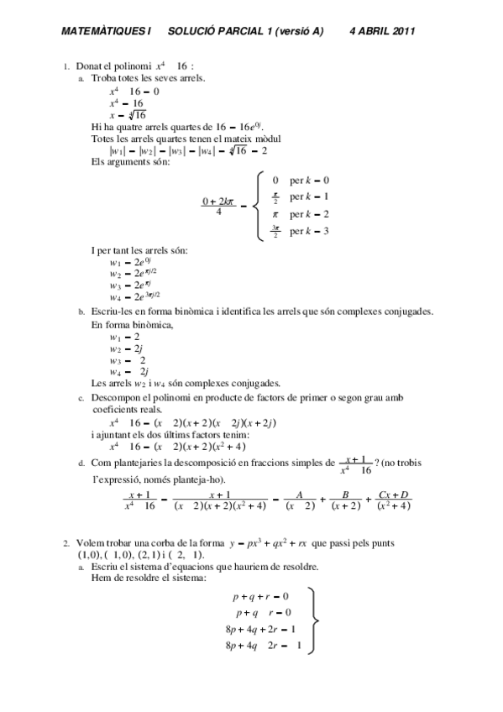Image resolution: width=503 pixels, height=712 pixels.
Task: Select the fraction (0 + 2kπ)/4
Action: coord(217,206)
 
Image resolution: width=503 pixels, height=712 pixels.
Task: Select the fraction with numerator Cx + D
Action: coord(393,500)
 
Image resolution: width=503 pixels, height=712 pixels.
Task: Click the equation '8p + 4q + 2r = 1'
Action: coord(260,630)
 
